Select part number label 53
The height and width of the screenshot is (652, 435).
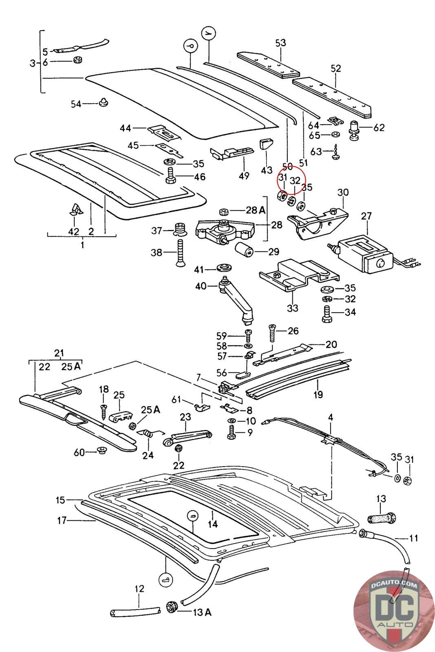tap(280, 43)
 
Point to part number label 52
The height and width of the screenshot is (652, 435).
tap(336, 68)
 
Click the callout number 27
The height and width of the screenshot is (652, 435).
tap(367, 216)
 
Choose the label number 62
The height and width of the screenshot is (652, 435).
tap(379, 128)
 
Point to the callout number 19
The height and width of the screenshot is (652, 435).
tap(318, 394)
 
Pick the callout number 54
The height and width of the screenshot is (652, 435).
tap(76, 104)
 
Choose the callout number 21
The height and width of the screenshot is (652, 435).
tap(60, 353)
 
